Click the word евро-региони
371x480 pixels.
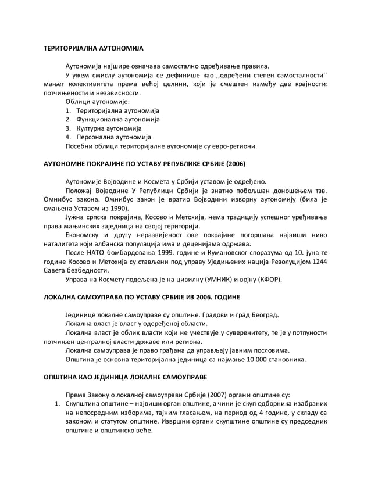click(x=233, y=146)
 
